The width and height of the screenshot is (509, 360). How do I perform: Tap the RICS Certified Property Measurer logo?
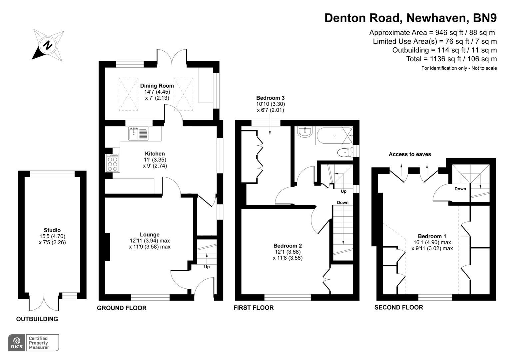(x=33, y=343)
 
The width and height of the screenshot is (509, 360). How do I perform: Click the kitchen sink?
(x=138, y=133)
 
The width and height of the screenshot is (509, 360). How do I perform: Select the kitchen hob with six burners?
(x=112, y=163)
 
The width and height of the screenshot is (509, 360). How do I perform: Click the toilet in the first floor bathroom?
(x=344, y=153)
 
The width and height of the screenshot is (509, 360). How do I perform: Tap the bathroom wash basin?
(x=305, y=132)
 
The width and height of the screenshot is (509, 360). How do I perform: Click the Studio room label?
(x=52, y=230)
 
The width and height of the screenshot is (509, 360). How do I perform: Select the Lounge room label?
(x=150, y=235)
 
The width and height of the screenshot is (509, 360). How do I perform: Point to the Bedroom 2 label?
(x=287, y=246)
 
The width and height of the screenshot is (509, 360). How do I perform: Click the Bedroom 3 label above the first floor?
(x=270, y=98)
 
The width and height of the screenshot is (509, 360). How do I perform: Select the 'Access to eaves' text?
(x=410, y=154)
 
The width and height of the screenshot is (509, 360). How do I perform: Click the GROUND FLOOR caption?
(x=122, y=308)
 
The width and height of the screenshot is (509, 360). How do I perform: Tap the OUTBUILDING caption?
(x=37, y=319)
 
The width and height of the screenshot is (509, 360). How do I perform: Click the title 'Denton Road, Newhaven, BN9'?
(x=410, y=18)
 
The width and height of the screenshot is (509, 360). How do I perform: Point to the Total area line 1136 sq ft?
(x=451, y=59)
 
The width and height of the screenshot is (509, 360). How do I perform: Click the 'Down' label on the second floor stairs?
(x=460, y=189)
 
